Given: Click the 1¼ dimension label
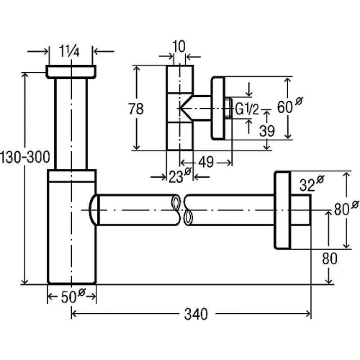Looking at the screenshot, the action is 69,51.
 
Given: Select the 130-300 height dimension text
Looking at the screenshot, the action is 25,157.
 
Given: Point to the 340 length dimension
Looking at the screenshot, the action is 196,314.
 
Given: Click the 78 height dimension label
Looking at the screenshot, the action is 136,109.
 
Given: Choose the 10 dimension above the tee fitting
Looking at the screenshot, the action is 179,47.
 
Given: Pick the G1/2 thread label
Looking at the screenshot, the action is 247,109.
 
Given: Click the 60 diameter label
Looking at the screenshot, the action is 289,105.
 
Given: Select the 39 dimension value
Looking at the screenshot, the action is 267,131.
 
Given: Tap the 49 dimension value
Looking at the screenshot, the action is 206,162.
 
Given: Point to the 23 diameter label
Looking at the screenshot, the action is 179,176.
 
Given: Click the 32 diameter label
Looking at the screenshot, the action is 312,184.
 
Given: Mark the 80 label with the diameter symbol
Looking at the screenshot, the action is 346,208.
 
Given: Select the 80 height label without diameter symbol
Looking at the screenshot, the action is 330,258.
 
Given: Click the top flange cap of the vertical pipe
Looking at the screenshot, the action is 71,71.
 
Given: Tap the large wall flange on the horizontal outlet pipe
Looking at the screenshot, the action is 282,210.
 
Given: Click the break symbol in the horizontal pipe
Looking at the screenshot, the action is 182,210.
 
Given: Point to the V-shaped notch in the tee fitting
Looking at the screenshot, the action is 186,108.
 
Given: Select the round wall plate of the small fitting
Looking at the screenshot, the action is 218,108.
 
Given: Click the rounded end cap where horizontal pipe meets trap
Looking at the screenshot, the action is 94,210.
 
